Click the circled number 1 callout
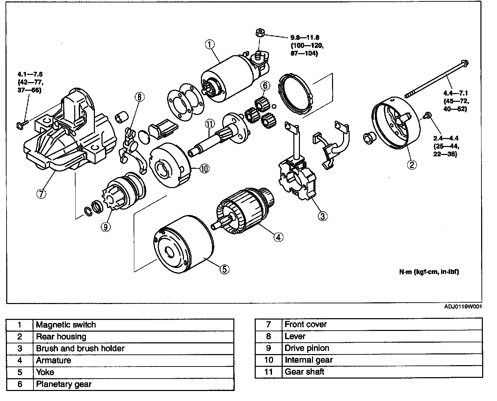(x=210, y=44)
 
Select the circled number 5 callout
(x=224, y=269)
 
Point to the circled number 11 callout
(x=209, y=123)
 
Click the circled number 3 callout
(x=322, y=216)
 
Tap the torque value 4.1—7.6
(x=30, y=74)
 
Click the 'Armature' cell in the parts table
(x=53, y=360)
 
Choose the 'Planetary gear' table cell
(x=64, y=384)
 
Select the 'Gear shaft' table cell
(x=304, y=372)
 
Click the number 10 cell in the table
(x=269, y=360)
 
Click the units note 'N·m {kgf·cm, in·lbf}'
(x=429, y=272)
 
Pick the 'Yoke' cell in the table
(x=45, y=372)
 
